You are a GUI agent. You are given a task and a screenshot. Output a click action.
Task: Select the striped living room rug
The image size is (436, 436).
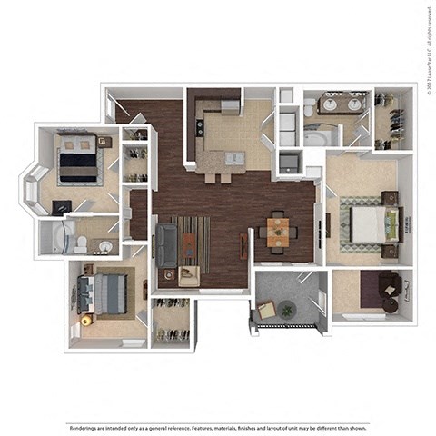193,243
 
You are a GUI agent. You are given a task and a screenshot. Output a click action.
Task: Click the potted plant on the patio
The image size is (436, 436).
287,310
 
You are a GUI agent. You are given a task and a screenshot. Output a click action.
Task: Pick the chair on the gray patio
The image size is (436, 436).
267,310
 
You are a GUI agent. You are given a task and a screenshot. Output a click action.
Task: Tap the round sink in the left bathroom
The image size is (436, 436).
105,246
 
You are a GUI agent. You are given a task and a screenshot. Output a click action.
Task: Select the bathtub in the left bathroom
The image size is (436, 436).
55,238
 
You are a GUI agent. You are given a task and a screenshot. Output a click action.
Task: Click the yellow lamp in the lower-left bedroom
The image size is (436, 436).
86,320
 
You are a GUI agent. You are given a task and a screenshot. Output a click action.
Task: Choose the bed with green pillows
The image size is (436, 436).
370,222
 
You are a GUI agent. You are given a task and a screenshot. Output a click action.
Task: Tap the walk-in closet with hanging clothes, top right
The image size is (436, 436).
395,118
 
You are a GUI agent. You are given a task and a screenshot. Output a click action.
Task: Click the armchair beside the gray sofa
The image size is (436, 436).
189,274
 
